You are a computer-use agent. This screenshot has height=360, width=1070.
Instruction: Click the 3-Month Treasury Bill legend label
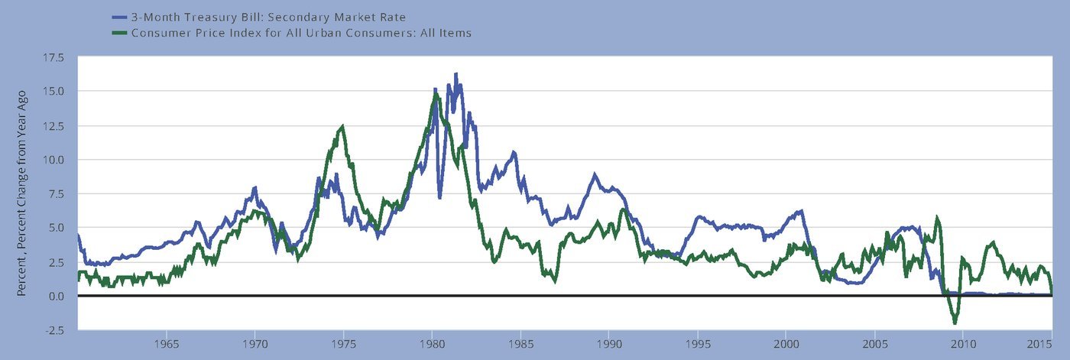268,17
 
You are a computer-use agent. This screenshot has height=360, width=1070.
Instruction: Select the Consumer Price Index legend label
301,33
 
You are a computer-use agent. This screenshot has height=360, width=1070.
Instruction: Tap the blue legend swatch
119,17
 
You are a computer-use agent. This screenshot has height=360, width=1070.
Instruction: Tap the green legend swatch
119,33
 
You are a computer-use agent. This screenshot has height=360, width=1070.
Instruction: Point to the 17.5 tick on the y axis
53,58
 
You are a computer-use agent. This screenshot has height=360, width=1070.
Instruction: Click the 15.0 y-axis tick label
53,91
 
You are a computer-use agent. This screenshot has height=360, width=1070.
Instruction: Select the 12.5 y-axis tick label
53,126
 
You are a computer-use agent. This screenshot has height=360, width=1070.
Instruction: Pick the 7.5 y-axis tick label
55,194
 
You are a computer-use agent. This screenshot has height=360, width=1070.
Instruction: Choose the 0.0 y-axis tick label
55,296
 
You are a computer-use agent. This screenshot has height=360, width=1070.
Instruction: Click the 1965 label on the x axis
167,344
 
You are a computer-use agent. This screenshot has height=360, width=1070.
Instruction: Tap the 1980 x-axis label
433,344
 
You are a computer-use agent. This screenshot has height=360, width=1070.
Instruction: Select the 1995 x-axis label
698,344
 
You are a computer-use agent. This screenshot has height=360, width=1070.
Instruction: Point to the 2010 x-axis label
964,344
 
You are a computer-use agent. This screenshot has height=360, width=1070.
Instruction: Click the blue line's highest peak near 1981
456,74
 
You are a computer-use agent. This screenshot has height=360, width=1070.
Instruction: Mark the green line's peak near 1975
342,126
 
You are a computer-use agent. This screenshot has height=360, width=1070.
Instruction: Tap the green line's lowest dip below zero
955,323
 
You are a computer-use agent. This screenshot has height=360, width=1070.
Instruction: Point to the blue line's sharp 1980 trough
439,197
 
